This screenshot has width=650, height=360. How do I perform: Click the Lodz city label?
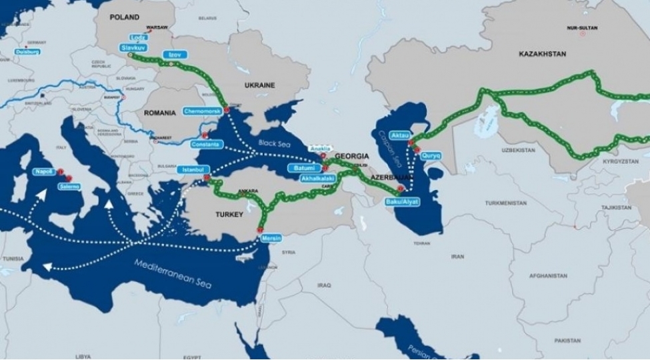point(139,38)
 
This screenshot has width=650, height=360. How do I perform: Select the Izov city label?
point(176,54)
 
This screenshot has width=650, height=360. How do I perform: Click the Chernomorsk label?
point(202,111)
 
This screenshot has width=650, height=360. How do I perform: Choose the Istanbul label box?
point(193,169)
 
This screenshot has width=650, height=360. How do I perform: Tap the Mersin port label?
point(271,238)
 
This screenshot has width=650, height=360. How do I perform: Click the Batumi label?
point(303,168)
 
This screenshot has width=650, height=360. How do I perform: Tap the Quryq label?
point(431,155)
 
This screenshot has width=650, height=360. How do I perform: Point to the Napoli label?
point(44,171)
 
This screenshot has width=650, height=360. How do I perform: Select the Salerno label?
point(69,187)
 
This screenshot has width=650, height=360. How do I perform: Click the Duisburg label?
point(27,51)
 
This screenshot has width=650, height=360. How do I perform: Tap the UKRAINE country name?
point(260,85)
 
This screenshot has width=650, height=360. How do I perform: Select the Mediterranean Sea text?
point(173,272)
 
